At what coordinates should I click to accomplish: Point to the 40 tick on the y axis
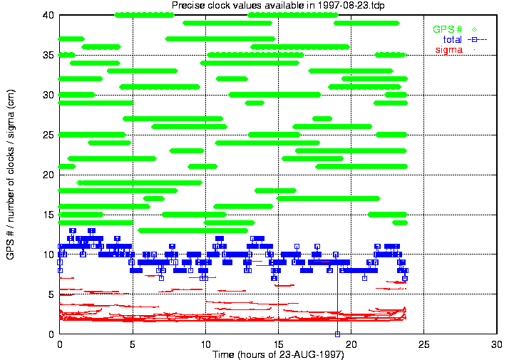click(49, 15)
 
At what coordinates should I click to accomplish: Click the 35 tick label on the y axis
click(49, 55)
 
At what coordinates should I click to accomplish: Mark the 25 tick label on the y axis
click(49, 135)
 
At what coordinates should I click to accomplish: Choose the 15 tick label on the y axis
click(49, 215)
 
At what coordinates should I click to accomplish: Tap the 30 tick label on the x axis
click(497, 344)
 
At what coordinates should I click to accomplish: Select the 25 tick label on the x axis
click(424, 344)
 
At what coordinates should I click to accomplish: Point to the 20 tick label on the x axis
click(351, 344)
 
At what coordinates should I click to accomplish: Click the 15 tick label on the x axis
click(278, 344)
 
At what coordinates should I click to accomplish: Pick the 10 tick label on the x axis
click(205, 344)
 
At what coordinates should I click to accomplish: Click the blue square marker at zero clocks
click(338, 334)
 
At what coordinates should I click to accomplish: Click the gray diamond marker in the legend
click(474, 29)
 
